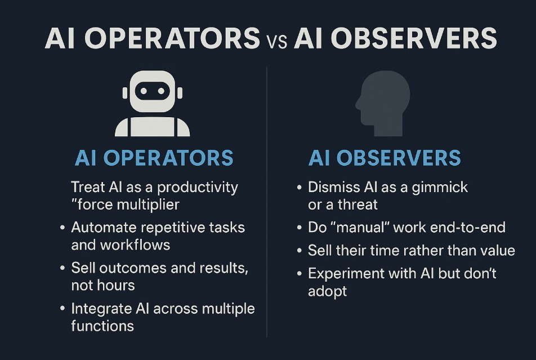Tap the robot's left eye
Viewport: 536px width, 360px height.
(144, 90)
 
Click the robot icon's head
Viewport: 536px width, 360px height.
(152, 91)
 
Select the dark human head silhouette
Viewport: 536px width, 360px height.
(381, 101)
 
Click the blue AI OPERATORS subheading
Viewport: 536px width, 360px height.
(154, 158)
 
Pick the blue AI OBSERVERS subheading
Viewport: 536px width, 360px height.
(385, 158)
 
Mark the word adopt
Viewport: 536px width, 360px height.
(327, 291)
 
